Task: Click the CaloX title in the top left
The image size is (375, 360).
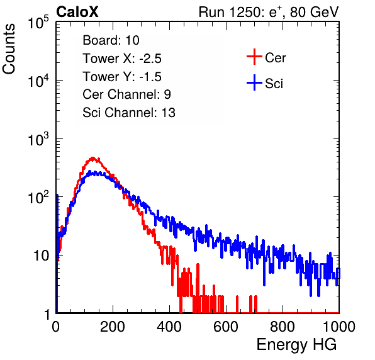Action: pyautogui.click(x=77, y=12)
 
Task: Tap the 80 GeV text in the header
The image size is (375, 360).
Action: pyautogui.click(x=314, y=12)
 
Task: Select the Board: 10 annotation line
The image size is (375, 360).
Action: pyautogui.click(x=111, y=40)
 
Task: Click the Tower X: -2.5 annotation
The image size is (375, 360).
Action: pyautogui.click(x=122, y=59)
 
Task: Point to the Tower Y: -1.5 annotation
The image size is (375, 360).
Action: pyautogui.click(x=122, y=77)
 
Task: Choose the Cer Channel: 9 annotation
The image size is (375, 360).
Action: pyautogui.click(x=126, y=94)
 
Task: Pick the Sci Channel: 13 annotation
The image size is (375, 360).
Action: pyautogui.click(x=129, y=113)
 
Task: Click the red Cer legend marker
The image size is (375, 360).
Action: pyautogui.click(x=254, y=57)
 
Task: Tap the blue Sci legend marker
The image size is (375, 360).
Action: pyautogui.click(x=254, y=83)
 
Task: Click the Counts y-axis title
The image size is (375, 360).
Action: pyautogui.click(x=9, y=49)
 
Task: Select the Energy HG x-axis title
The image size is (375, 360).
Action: pyautogui.click(x=296, y=345)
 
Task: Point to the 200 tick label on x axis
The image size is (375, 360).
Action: pyautogui.click(x=113, y=327)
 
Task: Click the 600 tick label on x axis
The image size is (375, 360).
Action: pyautogui.click(x=226, y=327)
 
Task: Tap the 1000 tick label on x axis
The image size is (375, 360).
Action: pyautogui.click(x=339, y=327)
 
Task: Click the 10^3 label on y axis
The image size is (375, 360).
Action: pyautogui.click(x=38, y=138)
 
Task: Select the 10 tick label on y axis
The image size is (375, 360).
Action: pyautogui.click(x=42, y=256)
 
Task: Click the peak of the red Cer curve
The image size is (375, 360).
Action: pyautogui.click(x=92, y=157)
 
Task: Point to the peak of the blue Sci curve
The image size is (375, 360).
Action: pyautogui.click(x=89, y=171)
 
